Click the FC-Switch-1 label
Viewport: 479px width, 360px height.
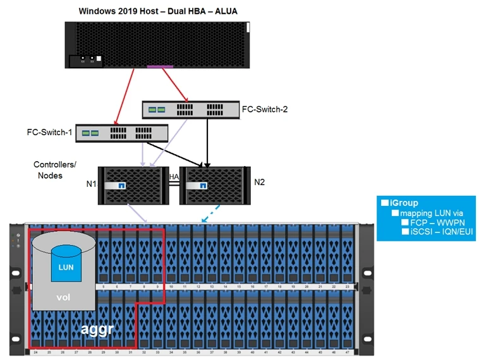49,133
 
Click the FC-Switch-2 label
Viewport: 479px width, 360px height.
265,109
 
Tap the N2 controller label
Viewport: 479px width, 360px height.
259,183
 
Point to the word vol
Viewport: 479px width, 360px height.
63,297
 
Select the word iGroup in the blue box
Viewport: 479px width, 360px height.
404,203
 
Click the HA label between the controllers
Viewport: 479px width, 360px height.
174,177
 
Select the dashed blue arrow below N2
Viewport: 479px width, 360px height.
211,215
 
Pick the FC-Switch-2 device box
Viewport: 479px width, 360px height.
190,109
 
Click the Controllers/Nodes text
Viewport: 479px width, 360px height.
55,170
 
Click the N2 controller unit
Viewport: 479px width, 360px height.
214,185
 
